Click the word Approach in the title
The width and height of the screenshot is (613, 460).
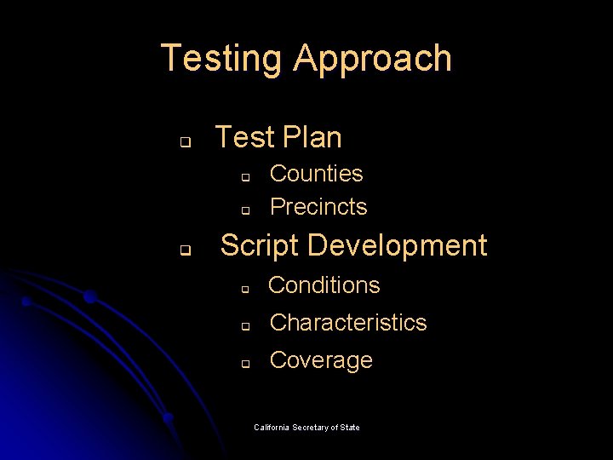pyautogui.click(x=372, y=59)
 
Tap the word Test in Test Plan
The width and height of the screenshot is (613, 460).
pyautogui.click(x=244, y=137)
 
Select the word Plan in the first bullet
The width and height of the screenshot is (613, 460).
pyautogui.click(x=311, y=137)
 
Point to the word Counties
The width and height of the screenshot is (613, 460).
pyautogui.click(x=316, y=174)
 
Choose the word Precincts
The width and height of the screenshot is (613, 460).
pyautogui.click(x=318, y=207)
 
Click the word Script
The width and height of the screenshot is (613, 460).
pyautogui.click(x=259, y=245)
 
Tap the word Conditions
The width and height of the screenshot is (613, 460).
pyautogui.click(x=324, y=285)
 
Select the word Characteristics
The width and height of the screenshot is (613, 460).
pyautogui.click(x=347, y=323)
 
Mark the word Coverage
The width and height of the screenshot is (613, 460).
pyautogui.click(x=321, y=360)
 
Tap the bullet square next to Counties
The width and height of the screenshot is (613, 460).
pyautogui.click(x=243, y=178)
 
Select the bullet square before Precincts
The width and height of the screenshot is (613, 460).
pyautogui.click(x=243, y=210)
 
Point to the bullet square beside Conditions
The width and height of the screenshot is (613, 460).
pyautogui.click(x=243, y=290)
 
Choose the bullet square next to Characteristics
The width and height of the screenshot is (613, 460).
pyautogui.click(x=243, y=326)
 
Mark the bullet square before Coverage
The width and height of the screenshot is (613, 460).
pyautogui.click(x=243, y=364)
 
